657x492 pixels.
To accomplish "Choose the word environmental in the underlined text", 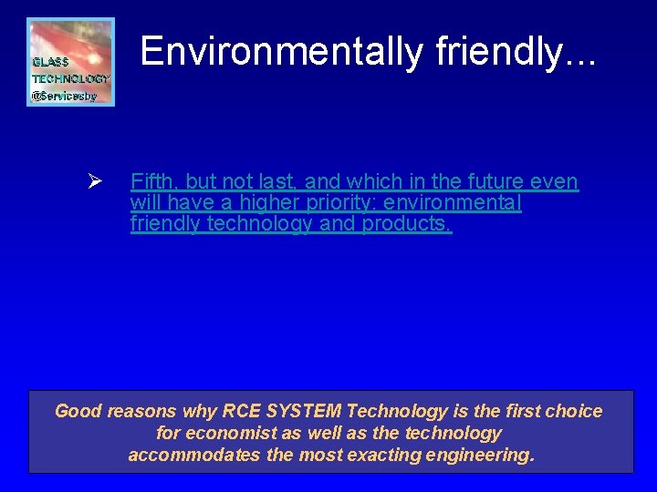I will [455, 203].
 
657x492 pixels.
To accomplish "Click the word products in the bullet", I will [406, 224].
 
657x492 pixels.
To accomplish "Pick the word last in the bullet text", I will [278, 182].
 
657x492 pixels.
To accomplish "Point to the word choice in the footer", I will [574, 411].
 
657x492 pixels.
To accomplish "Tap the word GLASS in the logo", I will [51, 63].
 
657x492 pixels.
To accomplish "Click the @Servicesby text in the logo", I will [64, 95].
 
